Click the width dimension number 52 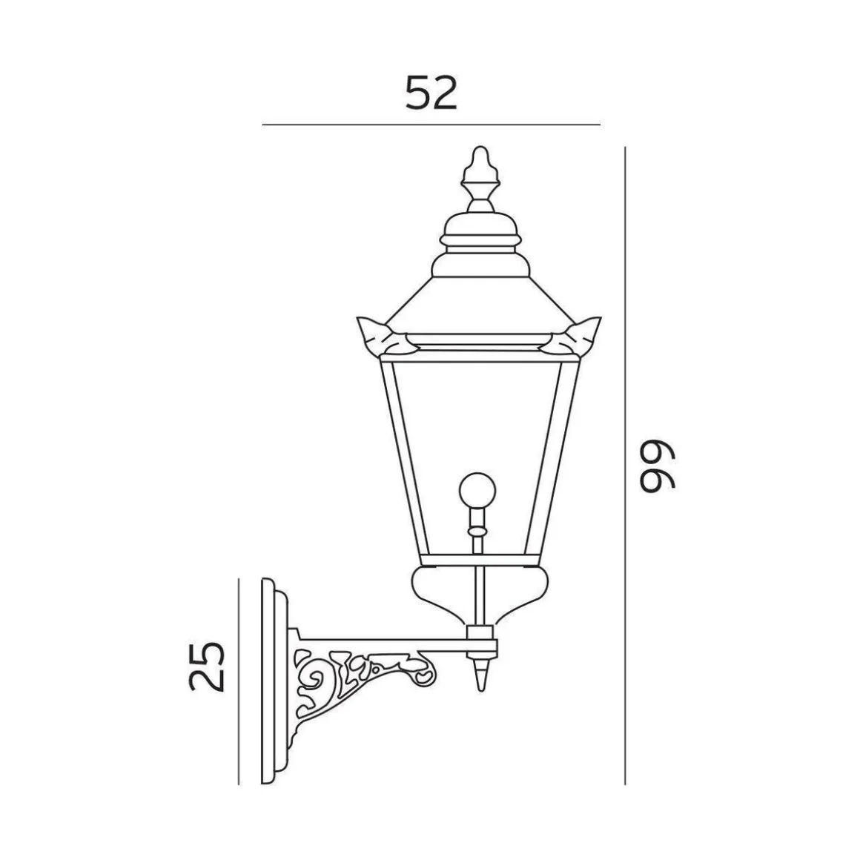431,94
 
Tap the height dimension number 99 657,467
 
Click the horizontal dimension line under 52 431,125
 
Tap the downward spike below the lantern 480,675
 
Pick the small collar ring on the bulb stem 477,532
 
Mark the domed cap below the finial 478,230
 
